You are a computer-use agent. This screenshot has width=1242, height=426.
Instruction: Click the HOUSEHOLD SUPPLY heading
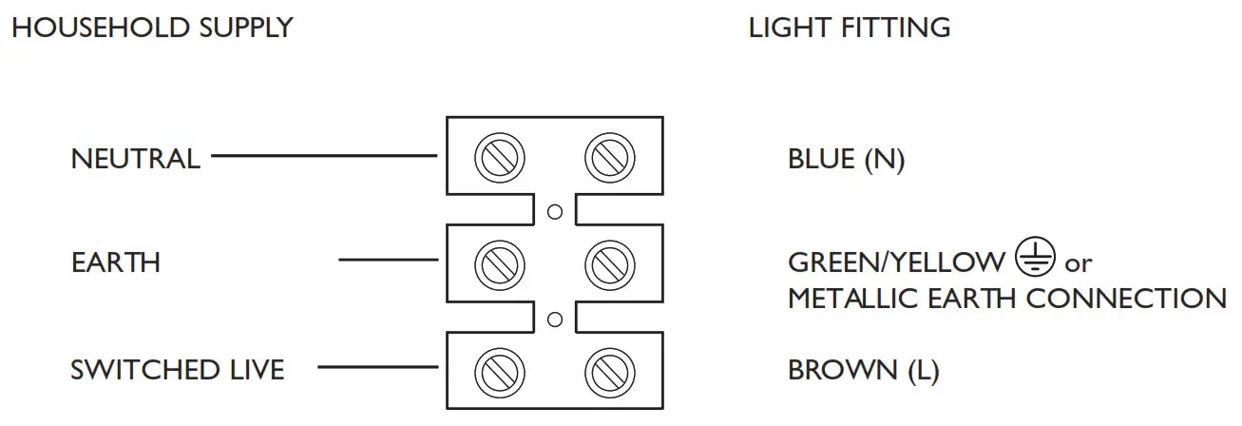click(151, 28)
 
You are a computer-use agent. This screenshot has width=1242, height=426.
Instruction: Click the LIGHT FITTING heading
click(849, 28)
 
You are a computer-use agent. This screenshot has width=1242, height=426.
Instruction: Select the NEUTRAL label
click(135, 158)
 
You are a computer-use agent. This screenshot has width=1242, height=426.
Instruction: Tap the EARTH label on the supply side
click(116, 261)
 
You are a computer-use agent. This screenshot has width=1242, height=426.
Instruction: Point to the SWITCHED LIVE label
click(177, 369)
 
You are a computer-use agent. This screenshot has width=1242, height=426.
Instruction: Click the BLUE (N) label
click(846, 160)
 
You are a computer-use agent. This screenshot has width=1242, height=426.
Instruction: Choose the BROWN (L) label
click(863, 370)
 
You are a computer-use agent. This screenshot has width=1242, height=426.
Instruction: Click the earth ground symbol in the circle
click(1034, 258)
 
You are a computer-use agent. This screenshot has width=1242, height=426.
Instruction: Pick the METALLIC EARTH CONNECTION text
click(1006, 299)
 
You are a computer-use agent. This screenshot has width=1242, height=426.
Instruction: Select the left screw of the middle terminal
click(500, 260)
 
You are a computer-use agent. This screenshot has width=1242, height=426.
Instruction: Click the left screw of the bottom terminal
click(500, 368)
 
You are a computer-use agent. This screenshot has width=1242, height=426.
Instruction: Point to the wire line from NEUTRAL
click(323, 155)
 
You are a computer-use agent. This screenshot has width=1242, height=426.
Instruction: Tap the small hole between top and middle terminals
click(556, 211)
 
